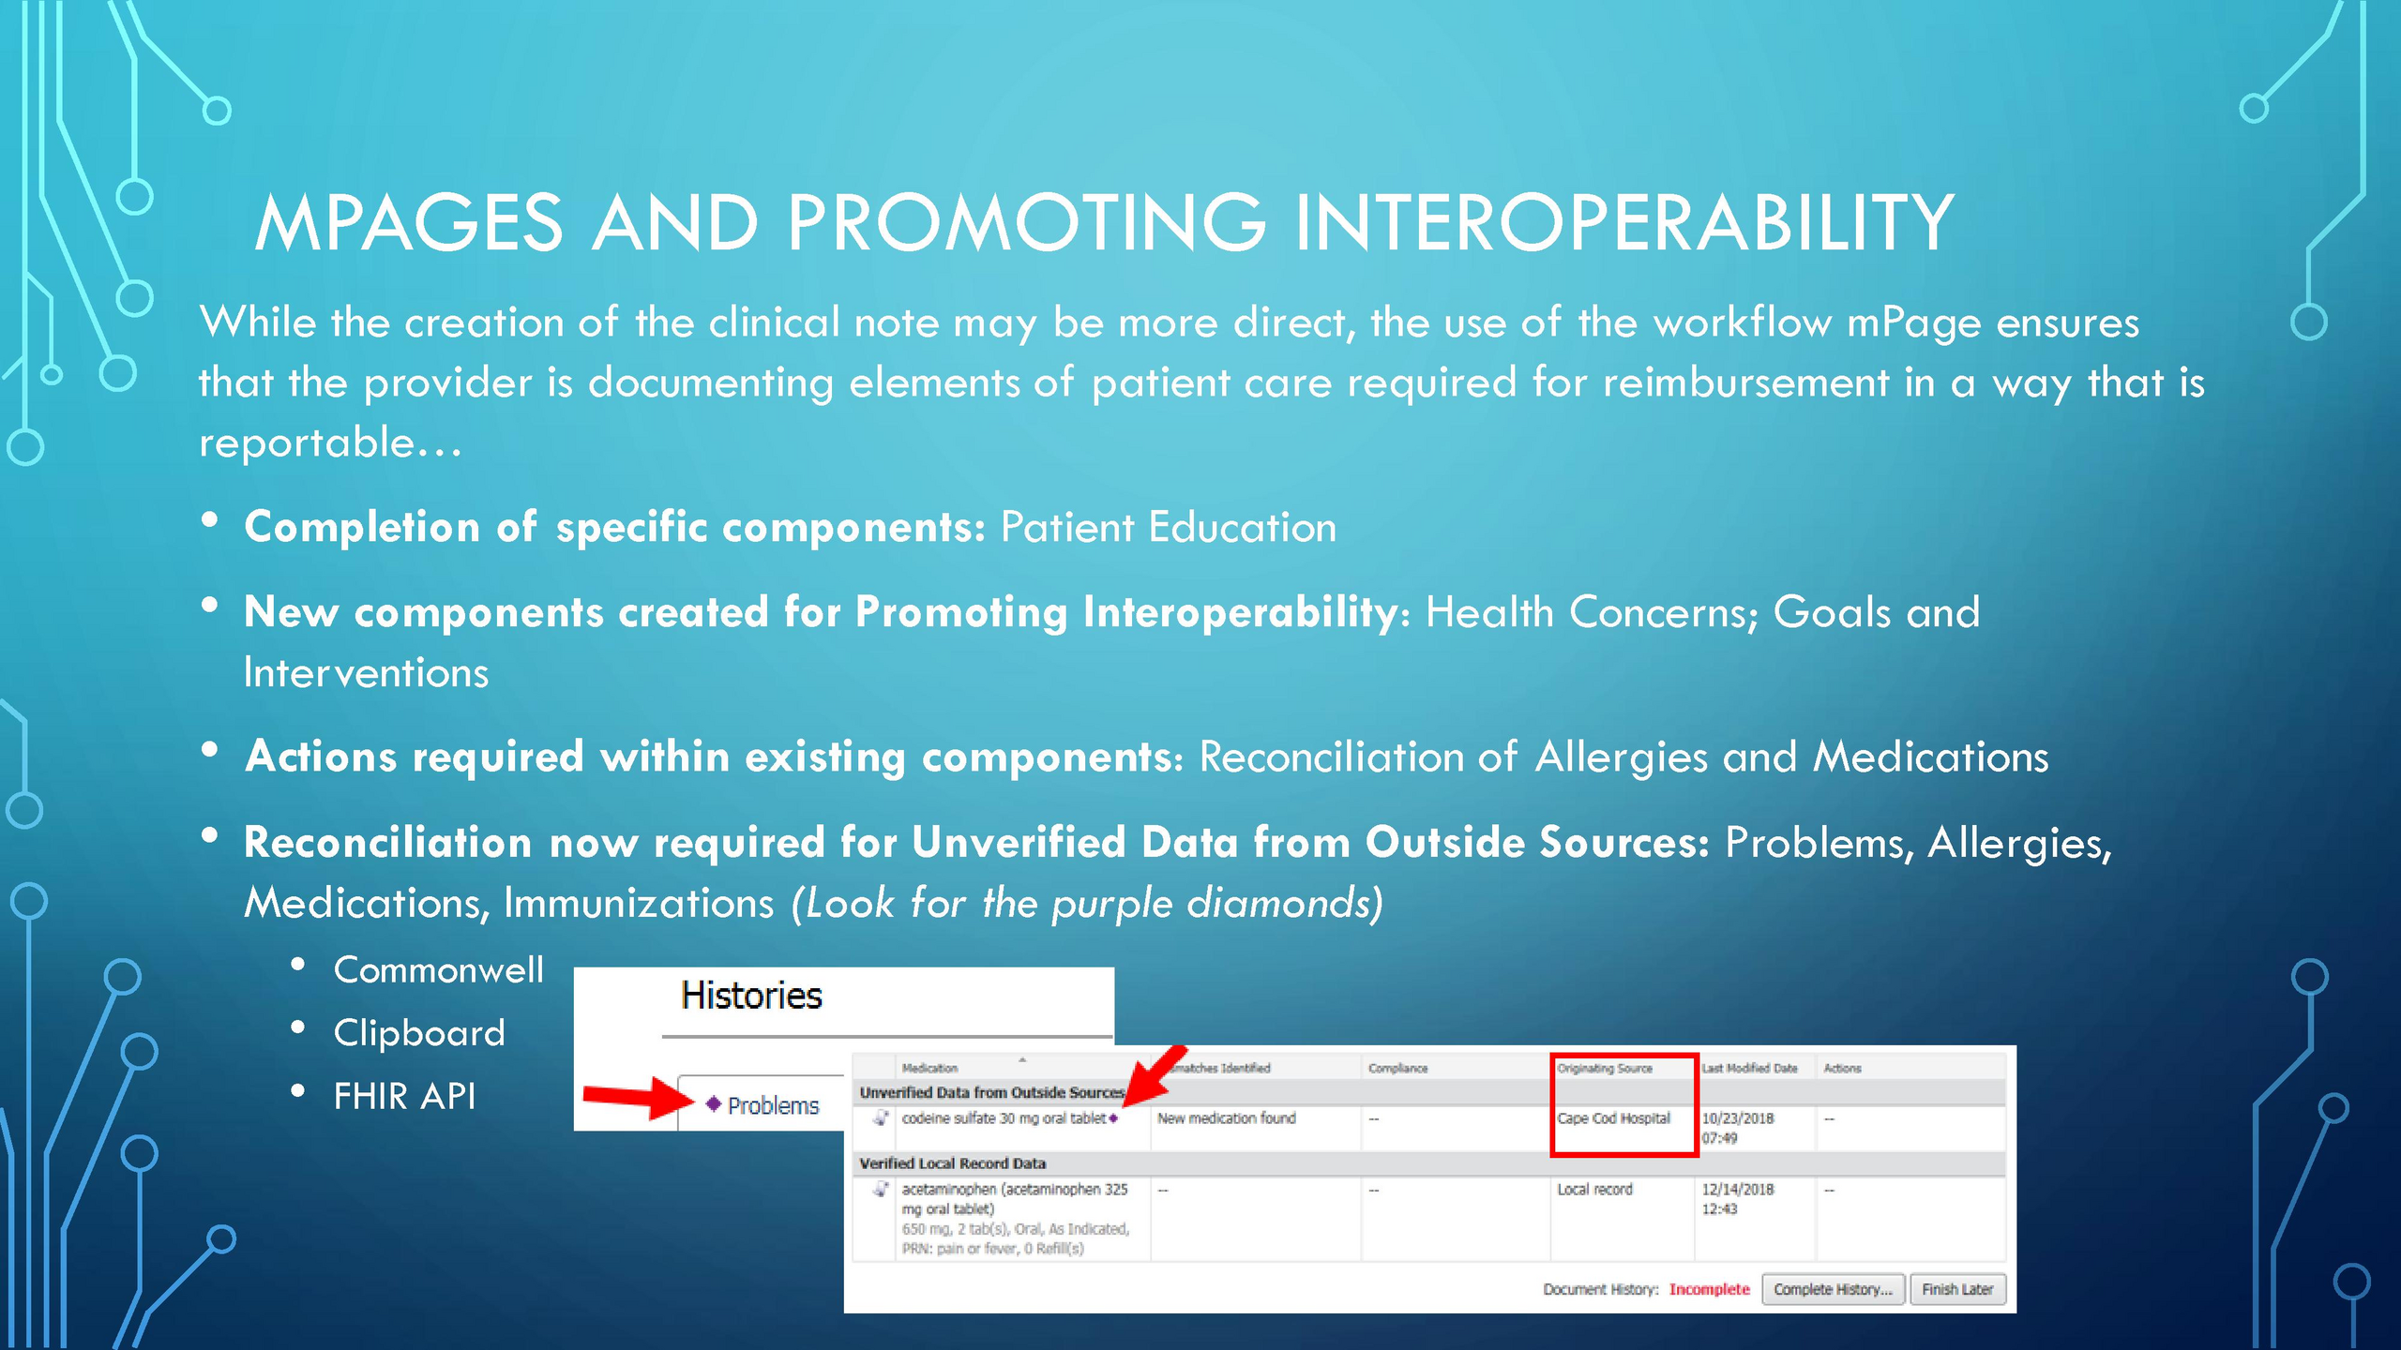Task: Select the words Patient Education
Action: click(x=1169, y=527)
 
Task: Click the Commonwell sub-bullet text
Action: click(x=438, y=969)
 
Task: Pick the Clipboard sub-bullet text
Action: click(x=419, y=1033)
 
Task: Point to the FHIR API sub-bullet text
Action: click(x=405, y=1096)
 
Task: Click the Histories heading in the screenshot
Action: click(x=751, y=996)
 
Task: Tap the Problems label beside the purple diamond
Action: click(x=773, y=1106)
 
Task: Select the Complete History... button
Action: click(x=1833, y=1290)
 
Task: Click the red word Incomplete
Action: click(x=1709, y=1290)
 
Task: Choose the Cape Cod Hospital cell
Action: click(x=1614, y=1118)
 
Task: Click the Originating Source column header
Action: click(x=1605, y=1069)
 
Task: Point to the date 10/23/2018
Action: click(x=1738, y=1118)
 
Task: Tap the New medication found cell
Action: click(x=1227, y=1118)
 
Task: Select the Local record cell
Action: click(x=1594, y=1190)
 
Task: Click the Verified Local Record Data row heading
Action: click(x=952, y=1163)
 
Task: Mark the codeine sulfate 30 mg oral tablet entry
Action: click(x=1004, y=1118)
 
